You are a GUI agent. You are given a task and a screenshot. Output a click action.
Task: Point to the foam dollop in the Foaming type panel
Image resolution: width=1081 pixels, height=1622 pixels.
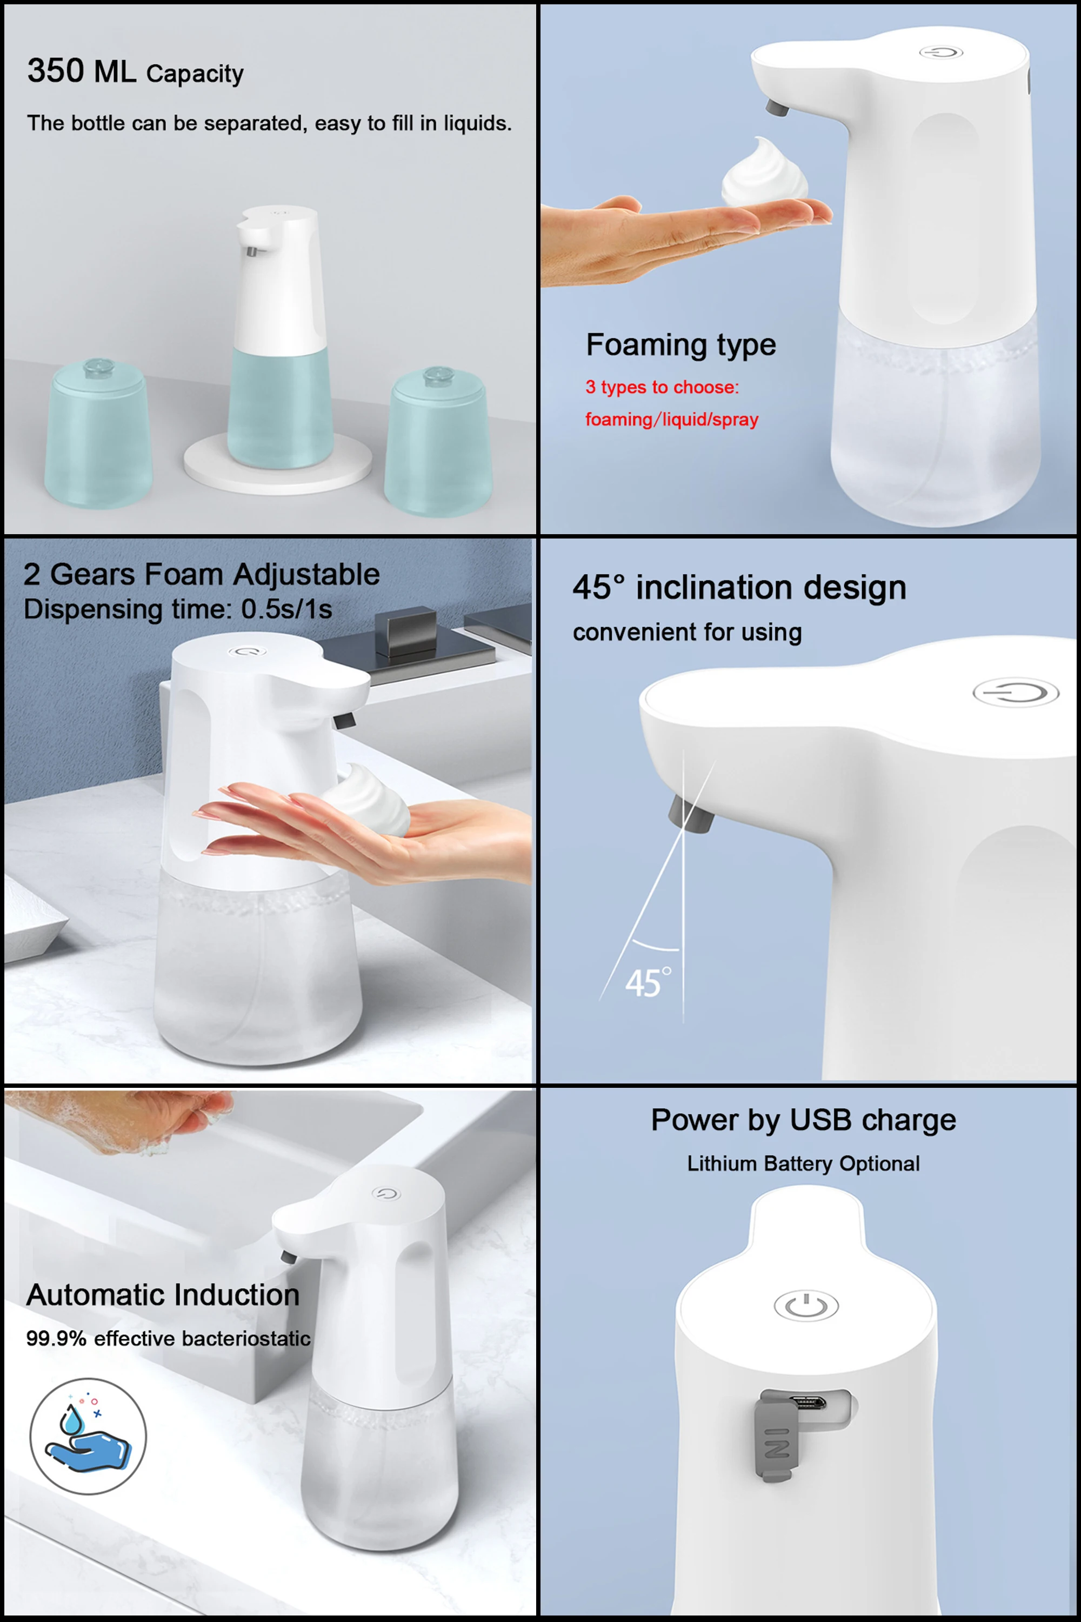tap(765, 173)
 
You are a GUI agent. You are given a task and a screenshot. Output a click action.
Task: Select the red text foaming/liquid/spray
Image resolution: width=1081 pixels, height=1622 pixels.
tap(671, 420)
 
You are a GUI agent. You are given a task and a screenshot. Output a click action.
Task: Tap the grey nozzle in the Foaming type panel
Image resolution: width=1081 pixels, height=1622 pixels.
tap(777, 108)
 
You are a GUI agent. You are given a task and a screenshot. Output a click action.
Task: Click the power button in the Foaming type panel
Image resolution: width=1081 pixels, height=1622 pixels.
tap(941, 52)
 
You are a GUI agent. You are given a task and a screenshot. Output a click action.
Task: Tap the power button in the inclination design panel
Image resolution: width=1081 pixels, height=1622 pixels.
tap(1016, 693)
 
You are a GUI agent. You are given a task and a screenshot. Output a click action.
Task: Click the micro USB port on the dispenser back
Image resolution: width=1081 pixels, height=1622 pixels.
tap(809, 1402)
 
